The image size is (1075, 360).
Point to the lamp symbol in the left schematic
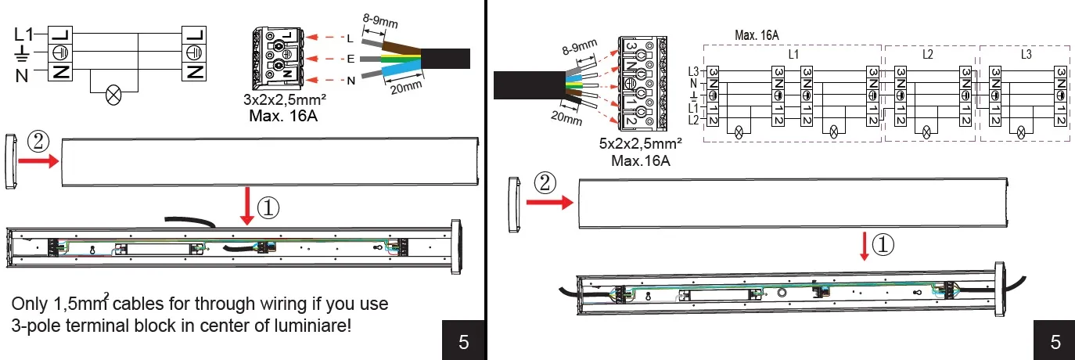tap(114, 98)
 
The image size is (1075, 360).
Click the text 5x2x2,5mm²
tap(639, 145)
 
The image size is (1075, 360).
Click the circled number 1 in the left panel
tap(268, 207)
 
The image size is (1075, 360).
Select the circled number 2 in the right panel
tap(546, 184)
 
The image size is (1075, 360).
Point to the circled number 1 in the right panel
tap(883, 245)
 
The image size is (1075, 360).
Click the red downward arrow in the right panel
tap(865, 245)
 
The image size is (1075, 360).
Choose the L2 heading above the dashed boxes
tap(927, 55)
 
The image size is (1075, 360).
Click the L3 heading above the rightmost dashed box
tap(1026, 55)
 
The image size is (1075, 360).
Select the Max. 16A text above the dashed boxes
tap(757, 35)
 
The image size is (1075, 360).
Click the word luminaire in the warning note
tap(313, 325)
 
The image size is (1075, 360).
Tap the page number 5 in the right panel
tap(1055, 341)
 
